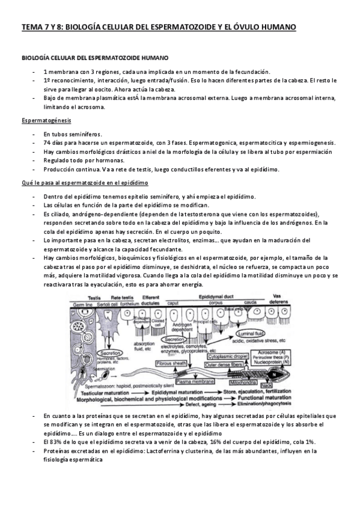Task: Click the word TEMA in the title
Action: (x=31, y=28)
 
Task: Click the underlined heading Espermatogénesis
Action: (x=42, y=120)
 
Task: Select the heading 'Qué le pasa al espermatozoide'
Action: (x=85, y=182)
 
